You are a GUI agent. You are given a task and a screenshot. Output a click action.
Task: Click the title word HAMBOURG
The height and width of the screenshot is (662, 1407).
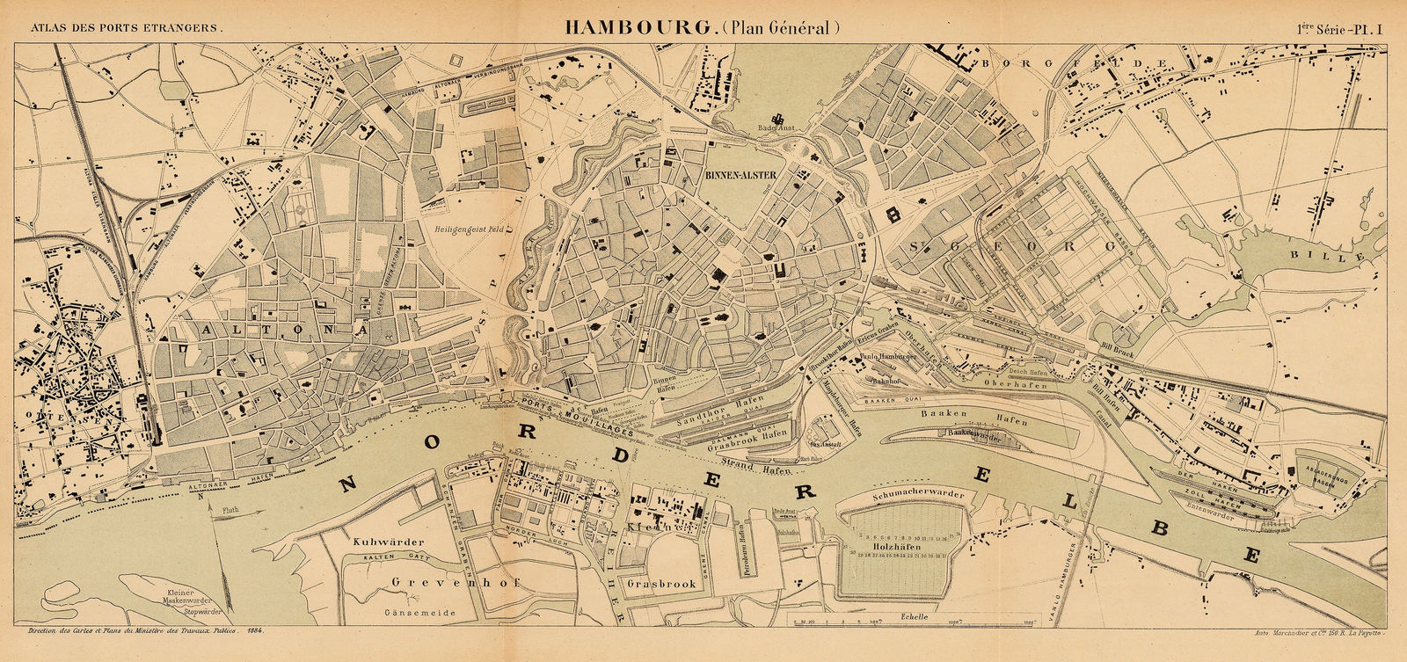639,27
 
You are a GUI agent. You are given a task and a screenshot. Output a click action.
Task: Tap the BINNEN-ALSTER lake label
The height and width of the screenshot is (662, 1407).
740,175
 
